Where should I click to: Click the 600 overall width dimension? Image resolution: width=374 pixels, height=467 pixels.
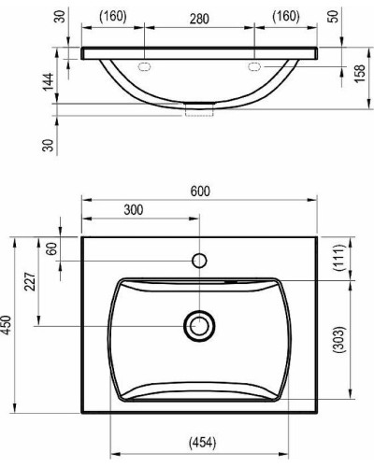(x=200, y=191)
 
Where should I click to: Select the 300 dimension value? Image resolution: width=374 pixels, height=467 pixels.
(x=134, y=210)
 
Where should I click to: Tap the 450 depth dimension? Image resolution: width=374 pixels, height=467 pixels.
(x=7, y=325)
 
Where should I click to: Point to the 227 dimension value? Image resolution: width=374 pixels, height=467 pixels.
(x=30, y=281)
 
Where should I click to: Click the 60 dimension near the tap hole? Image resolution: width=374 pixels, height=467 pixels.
(x=51, y=248)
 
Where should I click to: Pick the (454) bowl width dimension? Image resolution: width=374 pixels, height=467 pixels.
(x=202, y=443)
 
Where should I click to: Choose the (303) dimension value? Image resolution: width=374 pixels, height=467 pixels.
(x=339, y=339)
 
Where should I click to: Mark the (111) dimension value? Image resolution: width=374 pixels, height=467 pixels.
(x=339, y=258)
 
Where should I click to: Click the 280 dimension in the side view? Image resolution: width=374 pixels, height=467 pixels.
(x=199, y=19)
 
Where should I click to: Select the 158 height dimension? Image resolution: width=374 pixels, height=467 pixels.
(x=360, y=74)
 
